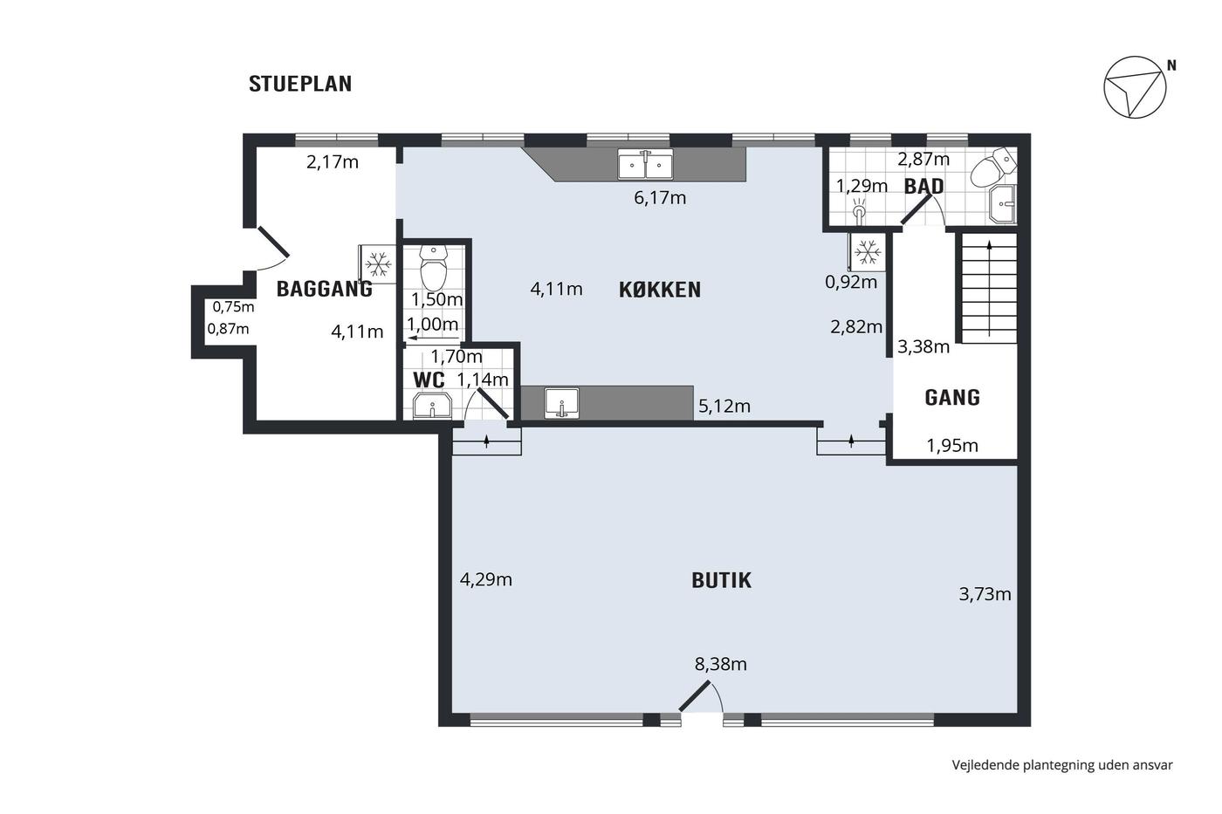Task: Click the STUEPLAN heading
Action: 300,84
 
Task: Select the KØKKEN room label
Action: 660,290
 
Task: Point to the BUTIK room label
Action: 721,580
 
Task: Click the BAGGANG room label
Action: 324,289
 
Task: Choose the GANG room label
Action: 952,398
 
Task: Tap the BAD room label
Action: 923,187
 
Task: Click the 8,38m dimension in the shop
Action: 720,664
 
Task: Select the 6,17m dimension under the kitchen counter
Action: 660,197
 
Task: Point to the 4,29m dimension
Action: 485,579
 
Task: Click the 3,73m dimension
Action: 985,594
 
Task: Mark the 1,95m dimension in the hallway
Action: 952,446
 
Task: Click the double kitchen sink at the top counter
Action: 645,164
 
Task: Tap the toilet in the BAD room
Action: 993,167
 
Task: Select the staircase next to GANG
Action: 989,288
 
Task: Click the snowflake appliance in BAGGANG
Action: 377,263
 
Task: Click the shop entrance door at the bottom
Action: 701,696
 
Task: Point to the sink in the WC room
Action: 432,406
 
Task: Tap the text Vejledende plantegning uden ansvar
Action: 1062,765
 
